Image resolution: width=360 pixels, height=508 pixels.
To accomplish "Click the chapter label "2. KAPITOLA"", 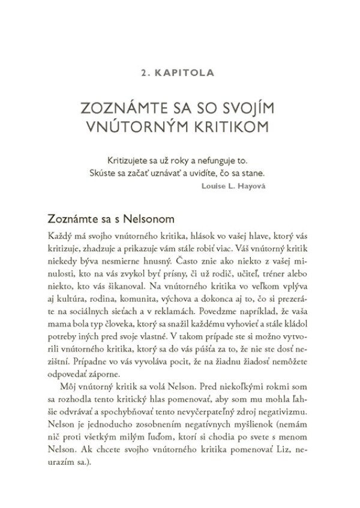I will click(x=180, y=74).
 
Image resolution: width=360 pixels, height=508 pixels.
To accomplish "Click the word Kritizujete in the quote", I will click(x=128, y=162).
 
